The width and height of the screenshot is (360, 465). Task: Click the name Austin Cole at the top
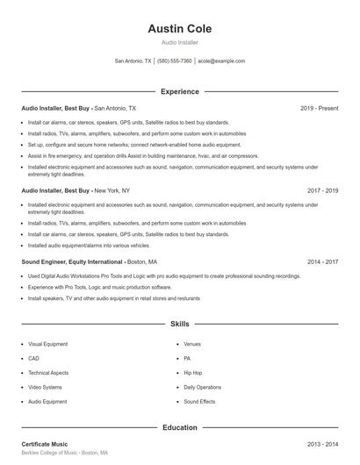(x=179, y=29)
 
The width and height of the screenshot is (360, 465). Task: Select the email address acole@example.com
(x=221, y=61)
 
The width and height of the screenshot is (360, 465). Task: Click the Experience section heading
(x=179, y=91)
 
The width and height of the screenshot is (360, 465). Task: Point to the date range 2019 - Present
(x=319, y=108)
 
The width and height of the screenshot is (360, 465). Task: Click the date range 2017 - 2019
(x=322, y=190)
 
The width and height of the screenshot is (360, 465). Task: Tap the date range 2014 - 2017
(x=322, y=261)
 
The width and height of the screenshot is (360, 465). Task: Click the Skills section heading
(x=179, y=324)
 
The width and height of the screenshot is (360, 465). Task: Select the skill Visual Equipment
(x=47, y=344)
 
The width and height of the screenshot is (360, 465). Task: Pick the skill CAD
(x=33, y=358)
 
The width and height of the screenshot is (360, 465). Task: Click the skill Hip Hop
(x=192, y=373)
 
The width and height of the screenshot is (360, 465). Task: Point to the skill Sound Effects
(x=199, y=401)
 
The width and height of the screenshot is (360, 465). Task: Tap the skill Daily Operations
(x=202, y=387)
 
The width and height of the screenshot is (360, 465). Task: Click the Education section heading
(x=179, y=427)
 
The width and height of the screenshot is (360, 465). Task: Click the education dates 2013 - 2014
(x=322, y=445)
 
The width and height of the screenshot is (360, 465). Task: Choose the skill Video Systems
(x=45, y=387)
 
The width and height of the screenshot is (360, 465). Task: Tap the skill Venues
(x=192, y=344)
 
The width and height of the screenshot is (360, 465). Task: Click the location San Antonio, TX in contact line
(x=133, y=61)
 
